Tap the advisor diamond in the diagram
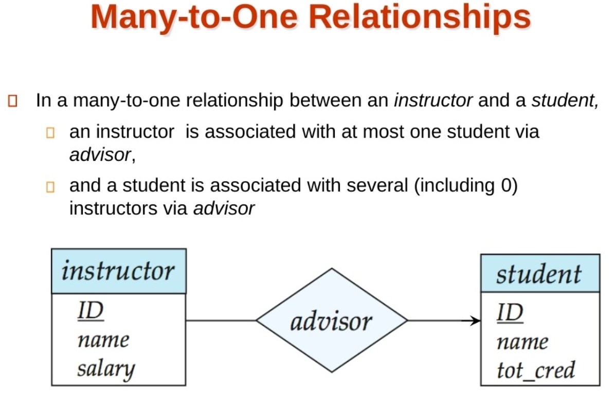pyautogui.click(x=331, y=321)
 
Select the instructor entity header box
pyautogui.click(x=118, y=271)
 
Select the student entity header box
pyautogui.click(x=539, y=273)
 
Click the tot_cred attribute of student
pyautogui.click(x=535, y=369)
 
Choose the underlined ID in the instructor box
pyautogui.click(x=91, y=310)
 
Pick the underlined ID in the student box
pyautogui.click(x=510, y=312)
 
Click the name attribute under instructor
pyautogui.click(x=103, y=340)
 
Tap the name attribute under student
pyautogui.click(x=522, y=341)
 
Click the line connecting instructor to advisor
pyautogui.click(x=221, y=321)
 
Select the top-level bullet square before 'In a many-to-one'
pyautogui.click(x=13, y=101)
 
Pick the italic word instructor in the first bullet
pyautogui.click(x=433, y=100)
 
